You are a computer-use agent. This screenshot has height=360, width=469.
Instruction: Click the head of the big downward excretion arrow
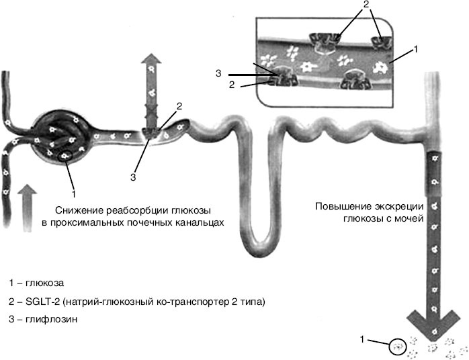click(x=434, y=322)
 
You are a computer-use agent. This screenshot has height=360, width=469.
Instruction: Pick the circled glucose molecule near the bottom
click(x=398, y=346)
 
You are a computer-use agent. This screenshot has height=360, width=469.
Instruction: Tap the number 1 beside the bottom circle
click(x=364, y=341)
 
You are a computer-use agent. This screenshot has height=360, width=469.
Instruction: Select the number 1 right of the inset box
click(x=416, y=48)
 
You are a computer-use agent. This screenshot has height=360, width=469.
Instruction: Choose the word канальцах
click(x=199, y=221)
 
